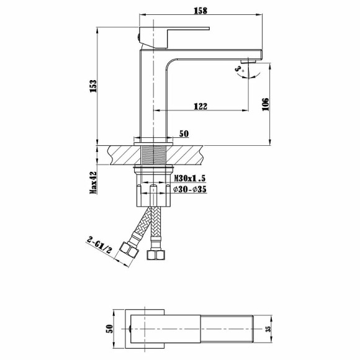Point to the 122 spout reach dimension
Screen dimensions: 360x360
(200, 106)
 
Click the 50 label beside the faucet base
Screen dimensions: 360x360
(183, 133)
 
